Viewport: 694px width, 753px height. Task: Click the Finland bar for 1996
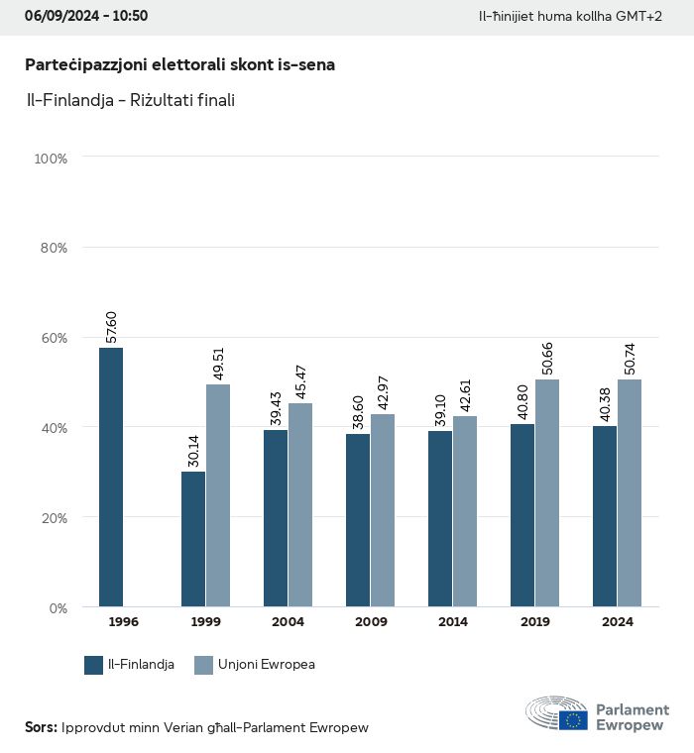[111, 478]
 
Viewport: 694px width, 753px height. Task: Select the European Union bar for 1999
[218, 495]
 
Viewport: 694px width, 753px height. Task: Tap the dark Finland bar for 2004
[276, 518]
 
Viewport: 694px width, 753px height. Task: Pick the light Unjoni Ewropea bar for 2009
[383, 510]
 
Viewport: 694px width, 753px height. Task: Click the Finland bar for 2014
[440, 519]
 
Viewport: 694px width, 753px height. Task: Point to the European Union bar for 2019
[547, 493]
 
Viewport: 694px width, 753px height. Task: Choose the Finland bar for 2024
[605, 516]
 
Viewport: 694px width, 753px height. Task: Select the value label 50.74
[631, 355]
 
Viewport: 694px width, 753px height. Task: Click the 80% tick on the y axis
[53, 248]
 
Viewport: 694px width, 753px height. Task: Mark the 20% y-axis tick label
[53, 517]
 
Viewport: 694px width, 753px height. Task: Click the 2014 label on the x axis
[452, 622]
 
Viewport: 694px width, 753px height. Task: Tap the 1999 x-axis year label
[205, 622]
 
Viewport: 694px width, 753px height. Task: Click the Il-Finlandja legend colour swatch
[94, 665]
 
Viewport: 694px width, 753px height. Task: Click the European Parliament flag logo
[573, 720]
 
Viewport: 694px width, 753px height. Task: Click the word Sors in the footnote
[41, 727]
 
